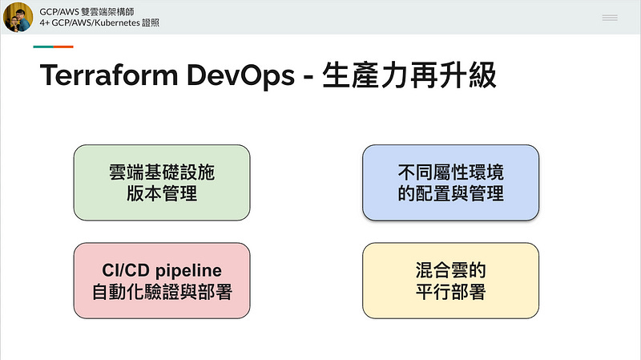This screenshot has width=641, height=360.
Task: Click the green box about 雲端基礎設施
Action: [x=162, y=182]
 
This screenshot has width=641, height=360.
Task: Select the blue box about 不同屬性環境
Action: [x=450, y=182]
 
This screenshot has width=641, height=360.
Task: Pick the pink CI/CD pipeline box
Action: [x=162, y=281]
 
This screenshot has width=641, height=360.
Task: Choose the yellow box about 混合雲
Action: [x=450, y=281]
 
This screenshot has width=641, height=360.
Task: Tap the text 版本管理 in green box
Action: [x=162, y=193]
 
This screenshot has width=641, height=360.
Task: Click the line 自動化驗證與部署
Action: [x=162, y=292]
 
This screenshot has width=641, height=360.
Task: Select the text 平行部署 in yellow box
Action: [x=450, y=292]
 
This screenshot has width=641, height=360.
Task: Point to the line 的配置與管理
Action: [x=450, y=193]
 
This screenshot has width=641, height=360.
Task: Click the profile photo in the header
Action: [x=18, y=17]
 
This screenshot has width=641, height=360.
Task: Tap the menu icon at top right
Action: [x=610, y=17]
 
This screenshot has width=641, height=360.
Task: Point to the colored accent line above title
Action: [x=53, y=47]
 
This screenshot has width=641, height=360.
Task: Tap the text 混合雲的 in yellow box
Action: [x=450, y=270]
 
